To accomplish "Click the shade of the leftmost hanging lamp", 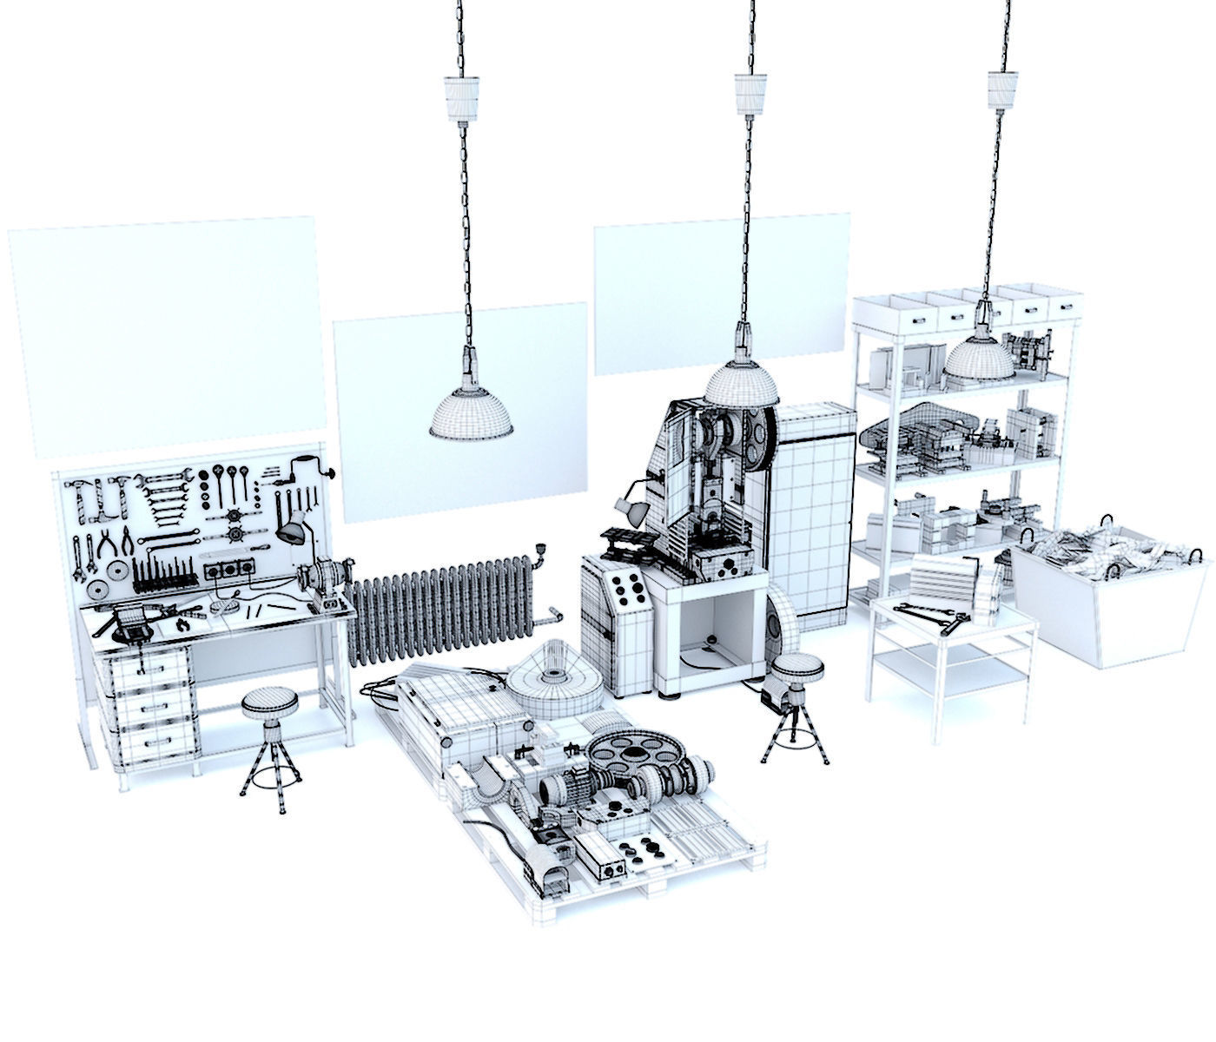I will (x=471, y=413).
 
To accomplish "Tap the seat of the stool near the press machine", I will (x=797, y=667).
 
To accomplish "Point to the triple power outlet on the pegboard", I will (x=230, y=571).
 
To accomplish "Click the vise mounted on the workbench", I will (x=130, y=622).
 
